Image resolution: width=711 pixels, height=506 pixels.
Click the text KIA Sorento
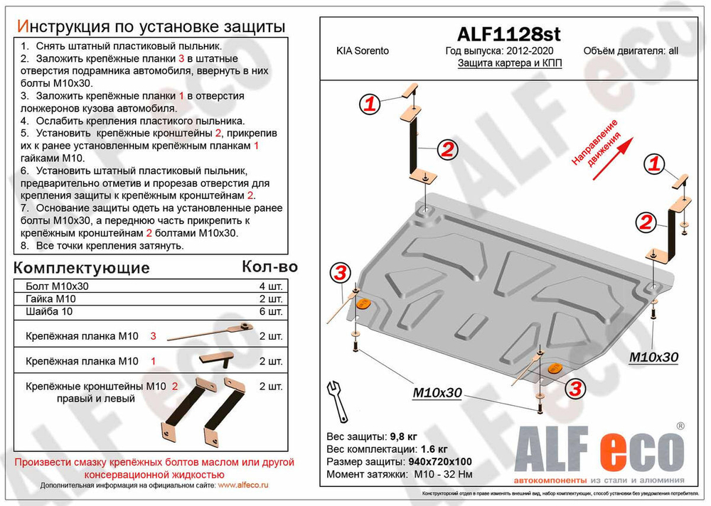click(362, 51)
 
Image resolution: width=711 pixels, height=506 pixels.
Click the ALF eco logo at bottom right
click(599, 450)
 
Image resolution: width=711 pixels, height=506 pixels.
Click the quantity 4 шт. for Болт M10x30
click(271, 286)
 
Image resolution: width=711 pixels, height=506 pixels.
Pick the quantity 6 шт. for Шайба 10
click(271, 311)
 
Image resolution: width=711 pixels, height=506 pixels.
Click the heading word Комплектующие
click(82, 268)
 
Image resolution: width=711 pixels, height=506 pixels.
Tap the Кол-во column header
click(269, 267)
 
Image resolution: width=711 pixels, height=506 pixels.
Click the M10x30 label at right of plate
click(653, 356)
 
